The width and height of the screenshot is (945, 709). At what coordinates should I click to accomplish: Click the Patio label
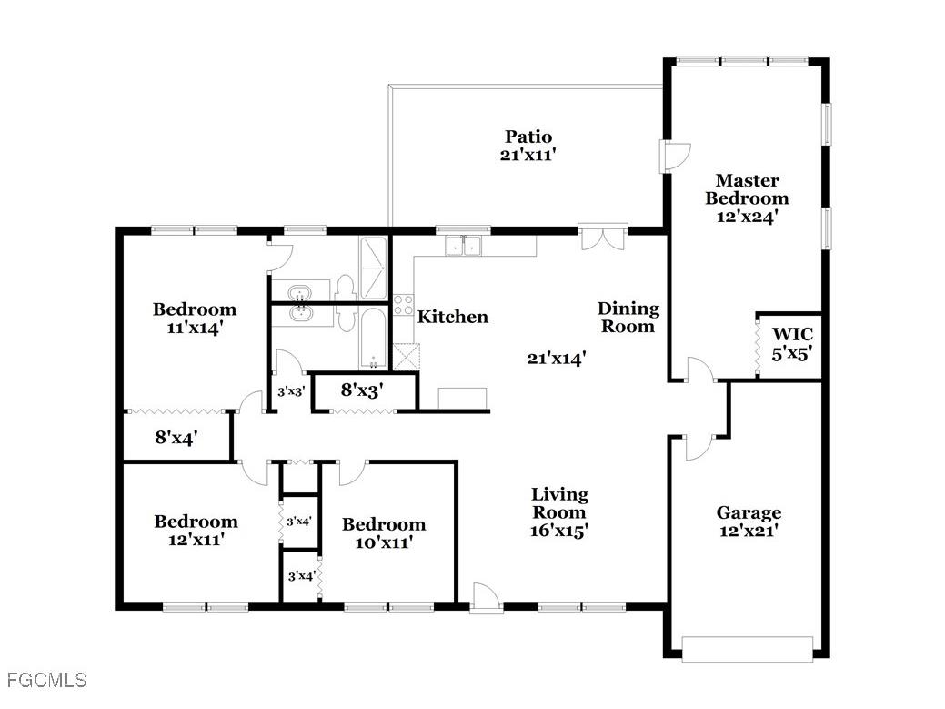(528, 146)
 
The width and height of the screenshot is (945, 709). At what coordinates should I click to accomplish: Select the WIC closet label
(791, 341)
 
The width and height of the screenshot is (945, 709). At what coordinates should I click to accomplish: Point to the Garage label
(748, 522)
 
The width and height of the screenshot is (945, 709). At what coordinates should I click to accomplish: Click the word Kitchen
(453, 317)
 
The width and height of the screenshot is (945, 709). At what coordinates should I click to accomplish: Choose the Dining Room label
(628, 318)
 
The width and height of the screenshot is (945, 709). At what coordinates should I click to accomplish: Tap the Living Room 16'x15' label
(559, 512)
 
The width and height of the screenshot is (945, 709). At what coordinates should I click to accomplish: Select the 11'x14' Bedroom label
(194, 319)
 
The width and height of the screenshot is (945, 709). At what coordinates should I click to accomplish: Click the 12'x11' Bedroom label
(196, 530)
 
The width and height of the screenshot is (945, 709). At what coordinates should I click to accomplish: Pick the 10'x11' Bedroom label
(383, 532)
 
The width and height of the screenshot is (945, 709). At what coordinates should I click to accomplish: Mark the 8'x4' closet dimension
(176, 438)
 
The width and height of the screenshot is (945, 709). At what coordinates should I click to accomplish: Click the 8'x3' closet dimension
(361, 391)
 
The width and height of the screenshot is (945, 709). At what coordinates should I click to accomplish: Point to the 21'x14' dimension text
(556, 359)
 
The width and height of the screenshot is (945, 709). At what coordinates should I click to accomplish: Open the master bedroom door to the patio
(675, 157)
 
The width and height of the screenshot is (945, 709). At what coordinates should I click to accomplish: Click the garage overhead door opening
(746, 650)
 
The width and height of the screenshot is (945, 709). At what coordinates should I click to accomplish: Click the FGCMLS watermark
(46, 680)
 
